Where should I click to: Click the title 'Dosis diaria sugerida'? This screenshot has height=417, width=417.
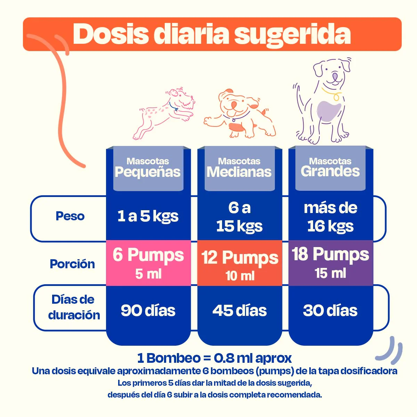[x=212, y=34]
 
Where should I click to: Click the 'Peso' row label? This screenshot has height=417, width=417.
[x=70, y=216]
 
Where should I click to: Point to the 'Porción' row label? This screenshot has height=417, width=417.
[x=72, y=264]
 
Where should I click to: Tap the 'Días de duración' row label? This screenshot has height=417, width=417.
[x=74, y=307]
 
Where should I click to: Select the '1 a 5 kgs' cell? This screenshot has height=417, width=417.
[x=148, y=216]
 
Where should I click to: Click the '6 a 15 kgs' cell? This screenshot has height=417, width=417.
[x=239, y=217]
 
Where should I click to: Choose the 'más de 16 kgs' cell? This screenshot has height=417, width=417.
[x=330, y=217]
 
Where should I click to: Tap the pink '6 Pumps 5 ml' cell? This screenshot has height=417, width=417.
[x=148, y=263]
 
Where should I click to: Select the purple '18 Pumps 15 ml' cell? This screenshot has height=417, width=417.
[x=330, y=263]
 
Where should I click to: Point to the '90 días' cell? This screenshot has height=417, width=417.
[x=148, y=311]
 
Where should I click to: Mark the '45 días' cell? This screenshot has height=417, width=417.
[x=240, y=311]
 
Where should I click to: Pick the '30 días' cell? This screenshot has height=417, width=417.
[x=330, y=311]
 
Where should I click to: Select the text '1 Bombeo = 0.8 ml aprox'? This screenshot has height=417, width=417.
[x=214, y=358]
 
